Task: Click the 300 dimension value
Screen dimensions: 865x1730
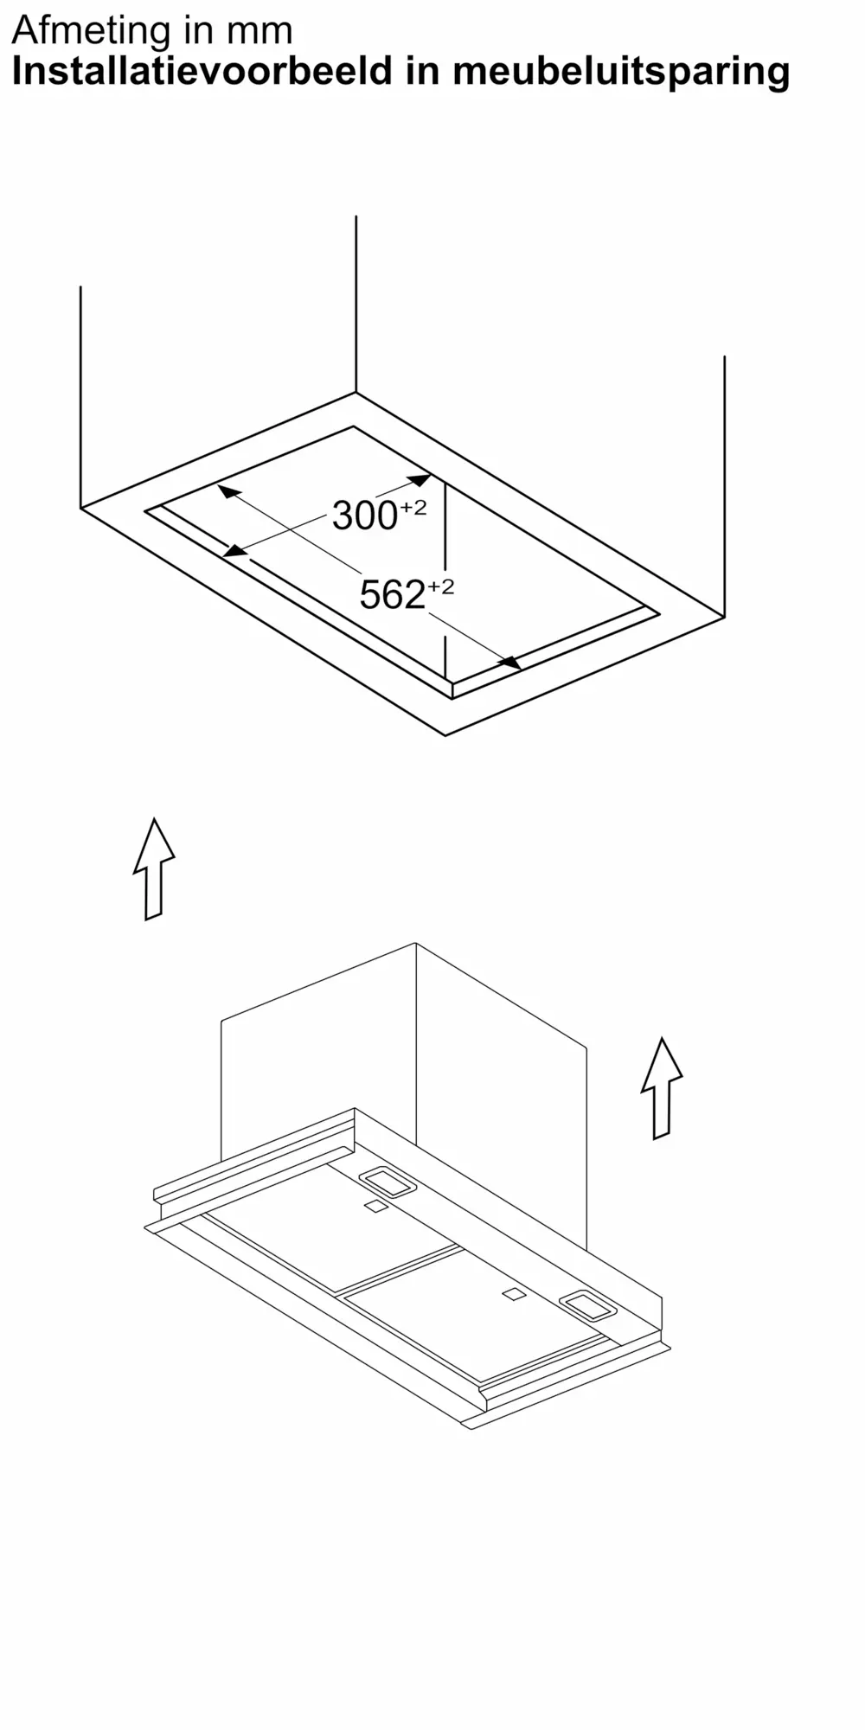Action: point(364,516)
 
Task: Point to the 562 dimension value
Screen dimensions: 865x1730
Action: point(392,595)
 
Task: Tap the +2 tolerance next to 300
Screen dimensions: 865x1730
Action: point(413,508)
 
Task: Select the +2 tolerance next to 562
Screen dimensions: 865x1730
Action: point(440,587)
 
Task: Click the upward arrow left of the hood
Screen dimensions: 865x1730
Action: point(154,868)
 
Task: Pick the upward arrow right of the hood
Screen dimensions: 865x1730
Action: point(662,1088)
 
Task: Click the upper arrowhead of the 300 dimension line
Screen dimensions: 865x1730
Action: point(420,479)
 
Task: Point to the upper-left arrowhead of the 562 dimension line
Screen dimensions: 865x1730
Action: point(228,491)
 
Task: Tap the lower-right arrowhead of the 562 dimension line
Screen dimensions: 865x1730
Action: point(510,663)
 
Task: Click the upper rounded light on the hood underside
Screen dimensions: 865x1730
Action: point(388,1182)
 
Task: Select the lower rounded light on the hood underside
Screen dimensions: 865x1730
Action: point(588,1304)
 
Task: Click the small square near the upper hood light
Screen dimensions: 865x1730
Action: point(375,1207)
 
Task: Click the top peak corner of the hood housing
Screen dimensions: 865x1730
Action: point(416,943)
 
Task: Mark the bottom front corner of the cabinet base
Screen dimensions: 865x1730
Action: point(445,735)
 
